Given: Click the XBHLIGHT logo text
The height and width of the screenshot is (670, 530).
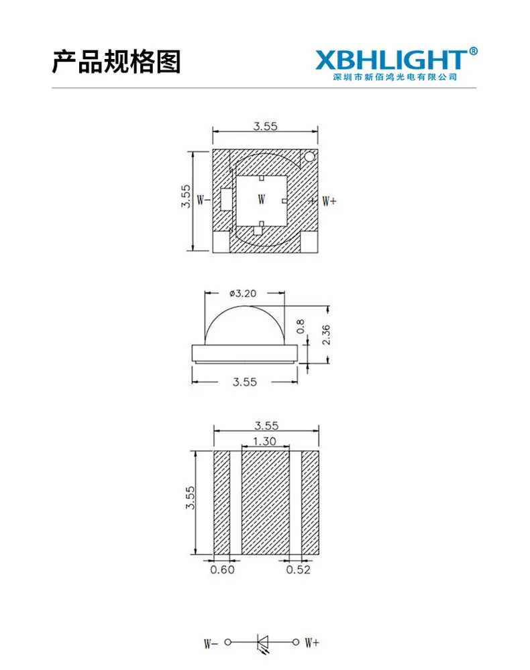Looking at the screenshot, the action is pos(392,60).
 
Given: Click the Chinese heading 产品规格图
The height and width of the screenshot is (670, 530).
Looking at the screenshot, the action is pos(116,62).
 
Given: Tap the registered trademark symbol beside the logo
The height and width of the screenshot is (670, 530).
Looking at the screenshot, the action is pos(473,51).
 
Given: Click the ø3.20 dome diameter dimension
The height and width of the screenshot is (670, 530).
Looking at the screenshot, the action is pos(243,294).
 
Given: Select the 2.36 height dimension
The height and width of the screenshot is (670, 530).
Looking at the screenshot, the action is pos(326,335).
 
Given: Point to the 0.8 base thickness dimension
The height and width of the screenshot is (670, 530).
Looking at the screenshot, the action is pos(301,327).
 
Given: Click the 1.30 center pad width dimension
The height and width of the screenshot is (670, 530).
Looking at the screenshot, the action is pos(264,441).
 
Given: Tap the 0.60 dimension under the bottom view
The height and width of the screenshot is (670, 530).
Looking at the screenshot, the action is pos(222,569).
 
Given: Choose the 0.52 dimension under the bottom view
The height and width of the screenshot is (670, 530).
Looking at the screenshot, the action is pos(299,569).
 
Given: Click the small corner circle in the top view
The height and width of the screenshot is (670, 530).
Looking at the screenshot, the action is pos(309,157).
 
